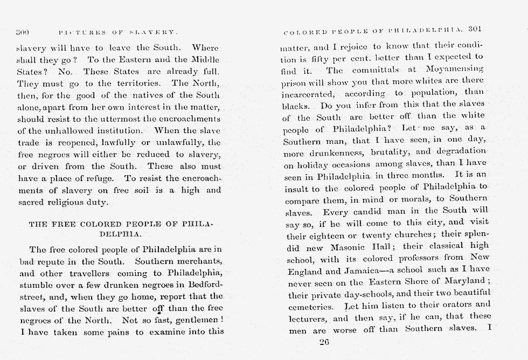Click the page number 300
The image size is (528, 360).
[x=23, y=32]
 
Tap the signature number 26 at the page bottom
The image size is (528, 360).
[x=324, y=341]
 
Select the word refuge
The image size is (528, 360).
[x=94, y=178]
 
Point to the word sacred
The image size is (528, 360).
[x=31, y=202]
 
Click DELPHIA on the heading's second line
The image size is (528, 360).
[x=120, y=234]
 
